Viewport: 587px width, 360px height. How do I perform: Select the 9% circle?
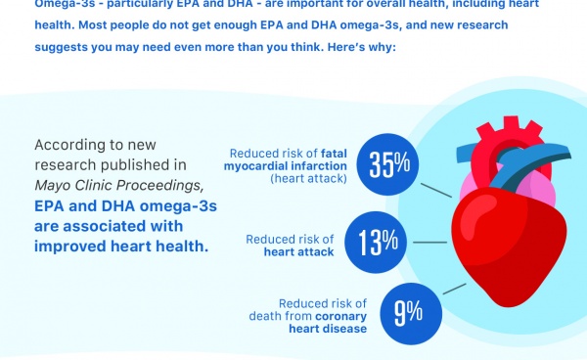coord(407,312)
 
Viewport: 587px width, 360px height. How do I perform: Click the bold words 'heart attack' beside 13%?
coord(298,251)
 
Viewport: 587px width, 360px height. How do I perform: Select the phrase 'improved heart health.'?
coord(121,246)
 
